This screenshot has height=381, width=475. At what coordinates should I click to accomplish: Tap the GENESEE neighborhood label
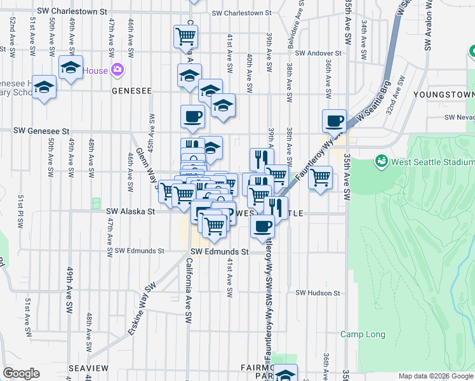click(131, 91)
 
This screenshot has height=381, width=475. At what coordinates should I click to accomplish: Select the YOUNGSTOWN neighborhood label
click(443, 95)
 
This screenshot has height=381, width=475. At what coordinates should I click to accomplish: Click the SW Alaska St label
click(130, 211)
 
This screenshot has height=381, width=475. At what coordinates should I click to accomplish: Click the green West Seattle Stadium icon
click(381, 161)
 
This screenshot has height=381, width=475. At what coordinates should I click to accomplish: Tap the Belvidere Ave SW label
click(297, 25)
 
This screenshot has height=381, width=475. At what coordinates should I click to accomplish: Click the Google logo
click(22, 373)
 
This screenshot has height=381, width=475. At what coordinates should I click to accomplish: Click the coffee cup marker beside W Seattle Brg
click(333, 120)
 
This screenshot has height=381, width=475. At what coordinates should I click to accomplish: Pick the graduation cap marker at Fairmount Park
click(286, 373)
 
